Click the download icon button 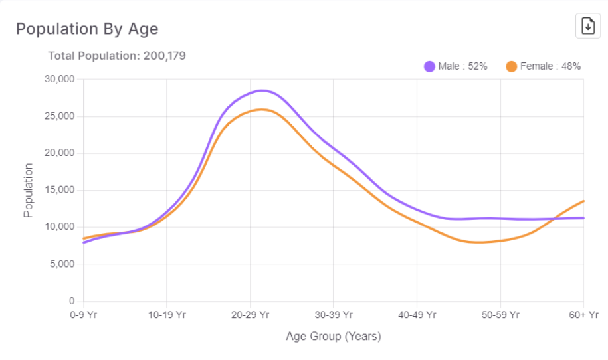[587, 26]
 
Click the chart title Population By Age [87, 29]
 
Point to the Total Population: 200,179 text [117, 56]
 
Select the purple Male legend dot [429, 66]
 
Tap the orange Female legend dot [511, 66]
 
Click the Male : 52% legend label [462, 66]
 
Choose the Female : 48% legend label [550, 66]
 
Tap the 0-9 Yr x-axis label [84, 314]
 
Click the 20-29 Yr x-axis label [251, 314]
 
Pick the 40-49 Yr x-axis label [417, 314]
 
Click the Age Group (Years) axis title [334, 336]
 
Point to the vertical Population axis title [28, 191]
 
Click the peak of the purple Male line [262, 90]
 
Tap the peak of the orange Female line [261, 109]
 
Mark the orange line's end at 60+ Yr [583, 201]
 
